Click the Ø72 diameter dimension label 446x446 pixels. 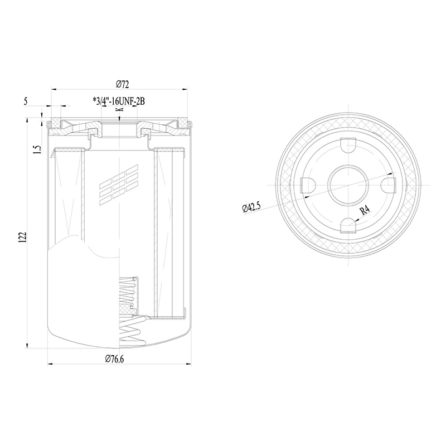[122, 85]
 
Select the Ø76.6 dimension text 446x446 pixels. [114, 359]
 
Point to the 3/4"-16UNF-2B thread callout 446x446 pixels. [119, 101]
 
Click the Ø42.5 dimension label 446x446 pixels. [251, 207]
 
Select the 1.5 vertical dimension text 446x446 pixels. [37, 149]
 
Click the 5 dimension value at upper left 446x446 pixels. [26, 101]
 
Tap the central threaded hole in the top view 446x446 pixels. [348, 185]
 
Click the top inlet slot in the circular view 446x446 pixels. [348, 145]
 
